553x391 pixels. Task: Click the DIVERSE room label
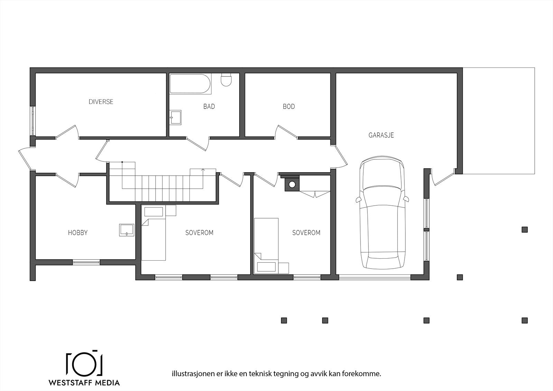pyautogui.click(x=101, y=102)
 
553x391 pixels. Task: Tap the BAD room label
pyautogui.click(x=209, y=106)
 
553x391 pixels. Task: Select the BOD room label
pyautogui.click(x=289, y=106)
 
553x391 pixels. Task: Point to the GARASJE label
pyautogui.click(x=381, y=135)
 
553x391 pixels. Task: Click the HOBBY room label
pyautogui.click(x=78, y=233)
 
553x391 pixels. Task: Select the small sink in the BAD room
pyautogui.click(x=176, y=117)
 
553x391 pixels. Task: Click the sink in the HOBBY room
pyautogui.click(x=127, y=230)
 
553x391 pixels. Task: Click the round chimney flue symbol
pyautogui.click(x=292, y=184)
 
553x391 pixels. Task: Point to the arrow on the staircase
pyautogui.click(x=203, y=170)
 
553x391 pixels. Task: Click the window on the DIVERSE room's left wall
pyautogui.click(x=33, y=121)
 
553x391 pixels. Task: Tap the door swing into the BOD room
pyautogui.click(x=287, y=132)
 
